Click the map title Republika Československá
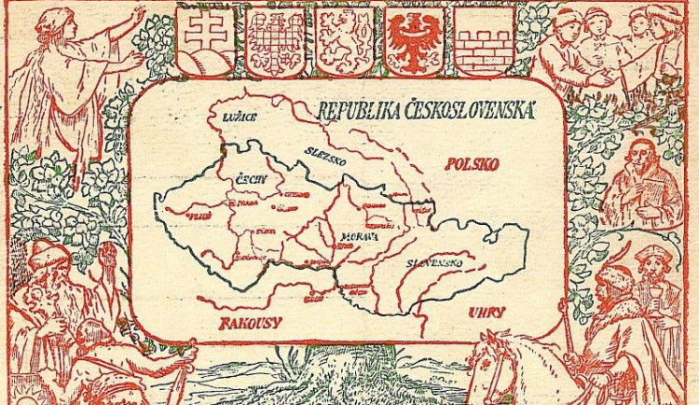tap(427, 110)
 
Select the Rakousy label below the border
tap(252, 324)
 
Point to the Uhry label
tap(487, 313)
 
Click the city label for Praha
tap(249, 202)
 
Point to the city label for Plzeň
tap(199, 215)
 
